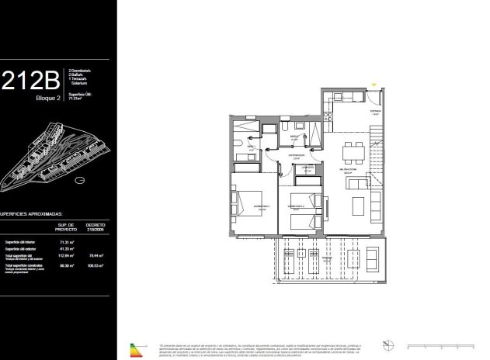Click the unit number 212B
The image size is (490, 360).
point(31,81)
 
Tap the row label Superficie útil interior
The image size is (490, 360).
point(22,241)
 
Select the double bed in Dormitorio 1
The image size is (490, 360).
point(248,204)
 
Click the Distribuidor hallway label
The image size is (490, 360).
point(295,155)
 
